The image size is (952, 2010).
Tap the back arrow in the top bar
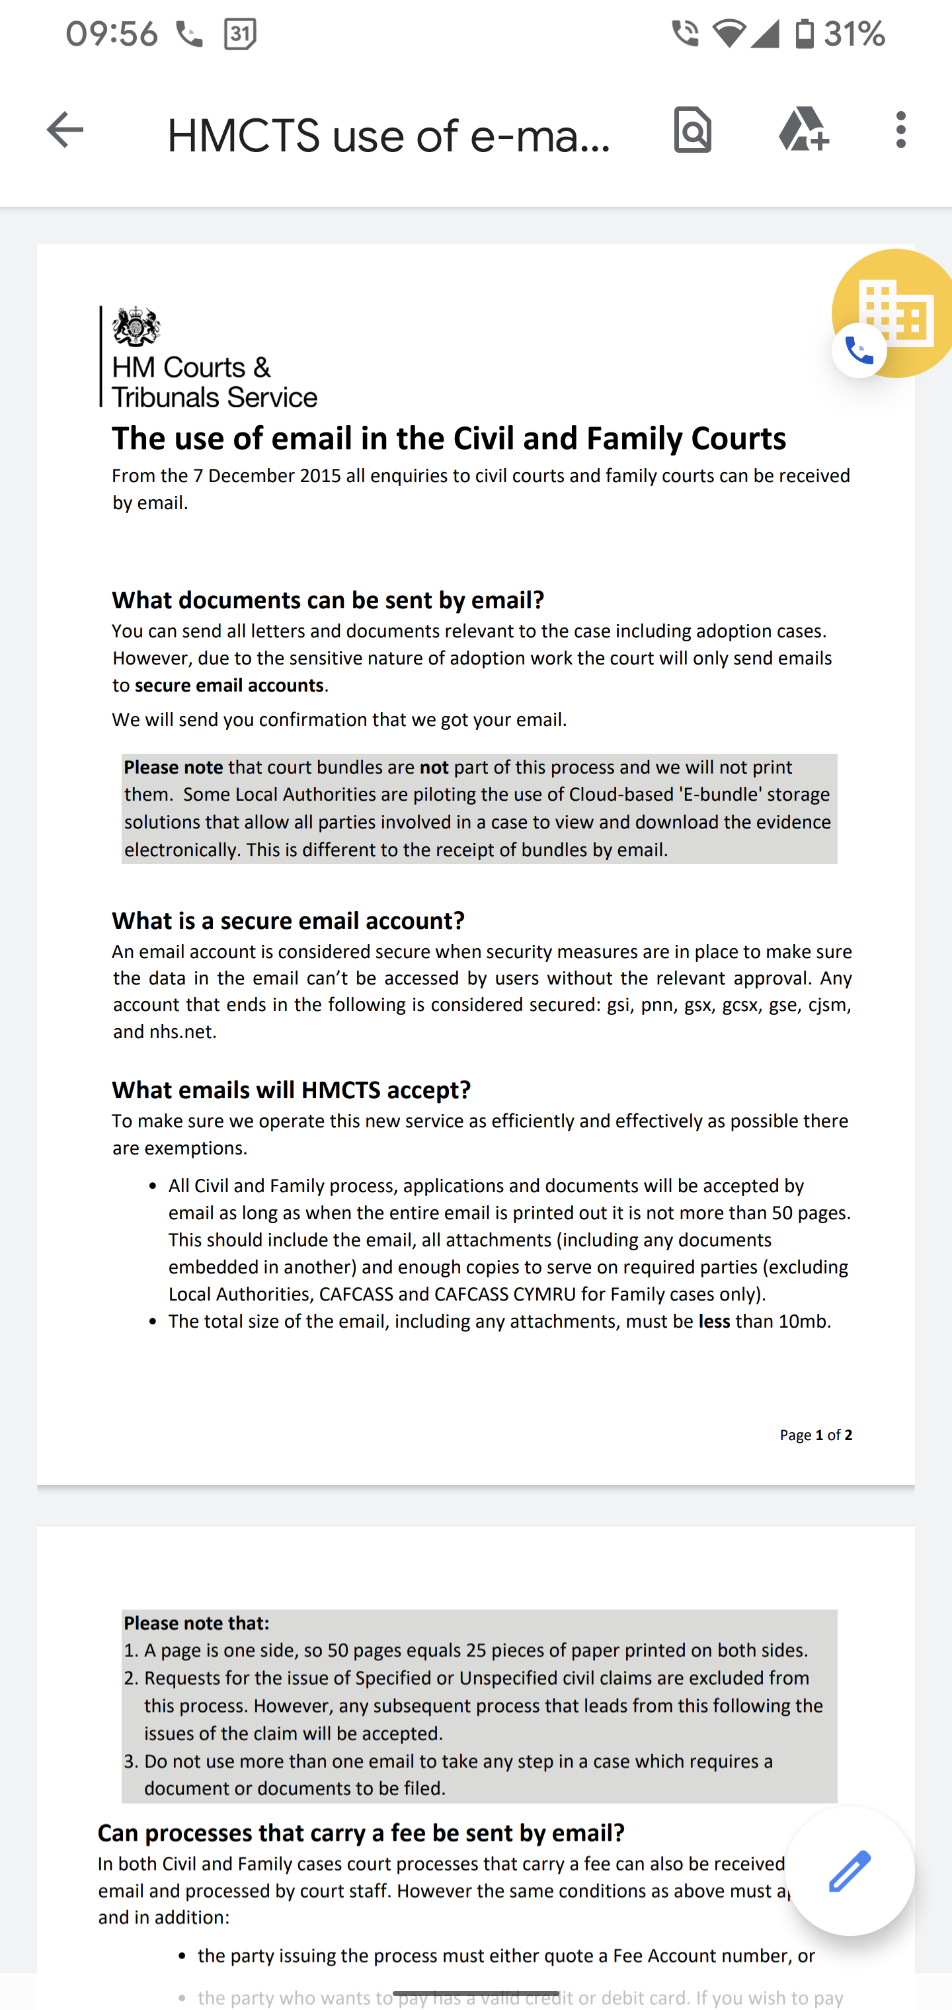65,130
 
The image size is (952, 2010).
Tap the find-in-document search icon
693,130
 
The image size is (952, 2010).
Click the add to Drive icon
804,130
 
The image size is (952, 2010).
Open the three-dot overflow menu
901,130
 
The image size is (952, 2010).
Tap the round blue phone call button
859,351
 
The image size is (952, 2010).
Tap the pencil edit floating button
850,1871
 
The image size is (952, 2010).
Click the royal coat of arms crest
137,326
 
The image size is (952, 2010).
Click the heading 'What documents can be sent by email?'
328,600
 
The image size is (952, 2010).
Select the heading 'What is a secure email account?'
288,921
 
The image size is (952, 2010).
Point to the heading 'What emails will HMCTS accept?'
291,1090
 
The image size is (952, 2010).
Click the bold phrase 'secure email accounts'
229,685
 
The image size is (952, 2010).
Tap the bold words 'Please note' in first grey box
173,767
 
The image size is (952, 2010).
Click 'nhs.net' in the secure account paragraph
182,1031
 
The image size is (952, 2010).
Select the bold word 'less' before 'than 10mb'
714,1321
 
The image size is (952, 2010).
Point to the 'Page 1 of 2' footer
815,1435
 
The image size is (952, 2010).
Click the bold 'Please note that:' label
196,1623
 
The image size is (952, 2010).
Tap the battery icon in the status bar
805,34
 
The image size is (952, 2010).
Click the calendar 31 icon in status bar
239,34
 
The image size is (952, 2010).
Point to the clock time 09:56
112,34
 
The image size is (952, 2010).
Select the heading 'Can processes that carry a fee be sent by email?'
361,1833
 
